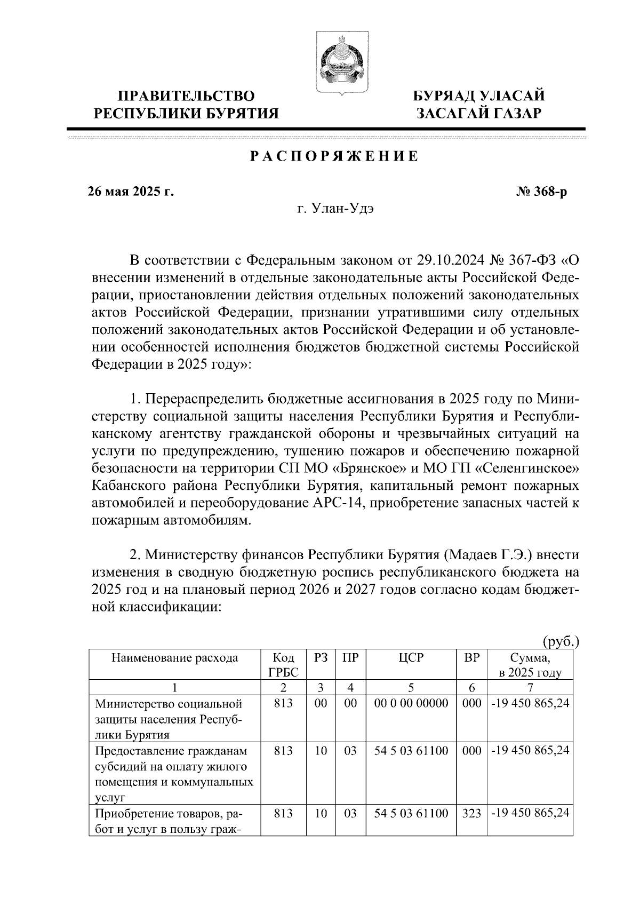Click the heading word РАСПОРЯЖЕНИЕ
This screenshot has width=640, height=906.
[334, 157]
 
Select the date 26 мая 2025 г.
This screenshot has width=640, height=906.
[131, 192]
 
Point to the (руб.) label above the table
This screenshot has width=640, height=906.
[560, 641]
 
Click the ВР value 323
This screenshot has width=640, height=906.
[471, 814]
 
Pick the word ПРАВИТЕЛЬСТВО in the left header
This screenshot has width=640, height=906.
[186, 96]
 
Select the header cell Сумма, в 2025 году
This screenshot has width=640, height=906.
[530, 665]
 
